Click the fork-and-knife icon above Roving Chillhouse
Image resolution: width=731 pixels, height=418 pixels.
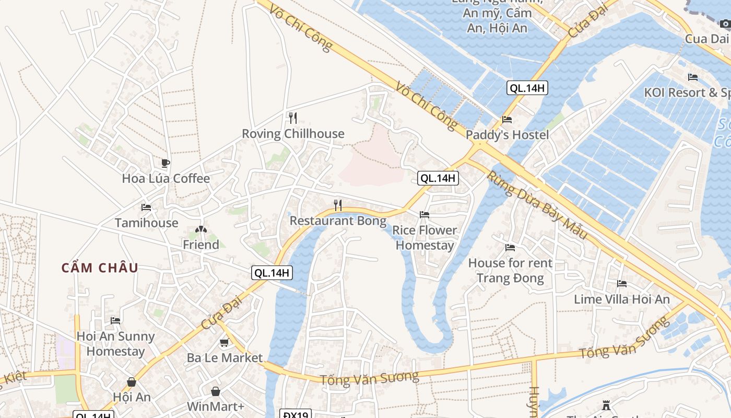point(292,118)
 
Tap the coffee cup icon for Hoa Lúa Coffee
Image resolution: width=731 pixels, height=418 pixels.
point(165,163)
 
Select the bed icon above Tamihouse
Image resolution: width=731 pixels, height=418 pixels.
point(146,207)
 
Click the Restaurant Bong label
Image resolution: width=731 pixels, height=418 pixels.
point(338,220)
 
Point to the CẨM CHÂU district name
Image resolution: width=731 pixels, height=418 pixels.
point(100,268)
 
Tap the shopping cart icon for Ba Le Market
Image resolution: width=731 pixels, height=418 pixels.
point(224,343)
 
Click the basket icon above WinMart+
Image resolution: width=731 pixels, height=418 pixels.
point(215,391)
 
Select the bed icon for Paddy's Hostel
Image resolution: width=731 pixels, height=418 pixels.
point(506,120)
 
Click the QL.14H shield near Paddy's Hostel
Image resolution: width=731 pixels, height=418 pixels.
point(527,88)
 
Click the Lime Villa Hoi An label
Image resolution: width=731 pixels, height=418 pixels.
point(621,299)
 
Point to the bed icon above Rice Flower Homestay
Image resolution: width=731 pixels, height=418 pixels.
point(424,215)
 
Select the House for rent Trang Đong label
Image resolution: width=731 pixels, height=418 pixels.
point(510,270)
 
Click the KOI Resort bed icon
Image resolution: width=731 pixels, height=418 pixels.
point(692,77)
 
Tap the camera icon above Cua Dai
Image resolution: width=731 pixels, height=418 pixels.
point(725,24)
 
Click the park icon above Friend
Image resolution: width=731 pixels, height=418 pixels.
point(201,229)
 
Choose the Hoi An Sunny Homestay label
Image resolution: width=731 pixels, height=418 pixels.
point(115,343)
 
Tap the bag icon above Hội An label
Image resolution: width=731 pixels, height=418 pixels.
point(131,382)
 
